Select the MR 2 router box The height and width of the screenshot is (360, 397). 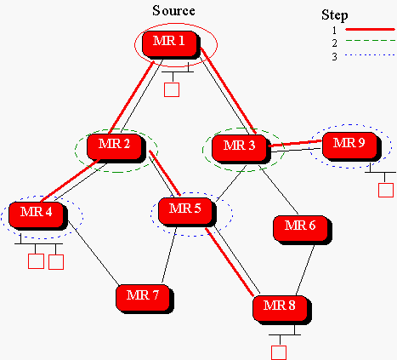(116, 148)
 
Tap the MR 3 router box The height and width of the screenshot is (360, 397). (241, 149)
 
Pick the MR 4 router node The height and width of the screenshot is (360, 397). (38, 215)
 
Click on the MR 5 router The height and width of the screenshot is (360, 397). (187, 212)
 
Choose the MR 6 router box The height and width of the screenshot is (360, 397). (303, 230)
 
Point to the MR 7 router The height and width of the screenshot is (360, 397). (145, 299)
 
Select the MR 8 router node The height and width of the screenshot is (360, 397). (282, 310)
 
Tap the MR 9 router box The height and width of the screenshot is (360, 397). (352, 146)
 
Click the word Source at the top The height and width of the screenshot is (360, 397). (173, 11)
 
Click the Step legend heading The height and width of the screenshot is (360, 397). (335, 15)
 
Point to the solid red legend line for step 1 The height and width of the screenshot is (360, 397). (370, 29)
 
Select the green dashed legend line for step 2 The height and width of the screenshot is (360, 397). (370, 41)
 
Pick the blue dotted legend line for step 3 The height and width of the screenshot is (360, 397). (370, 54)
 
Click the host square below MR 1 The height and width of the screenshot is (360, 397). (172, 89)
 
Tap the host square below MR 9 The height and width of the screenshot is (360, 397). (386, 190)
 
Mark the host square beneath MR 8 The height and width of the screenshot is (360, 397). (279, 352)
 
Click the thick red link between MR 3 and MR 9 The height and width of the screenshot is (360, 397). (295, 143)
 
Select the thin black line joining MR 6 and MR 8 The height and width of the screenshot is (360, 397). (305, 270)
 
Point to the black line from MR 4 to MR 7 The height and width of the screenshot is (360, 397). (94, 253)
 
